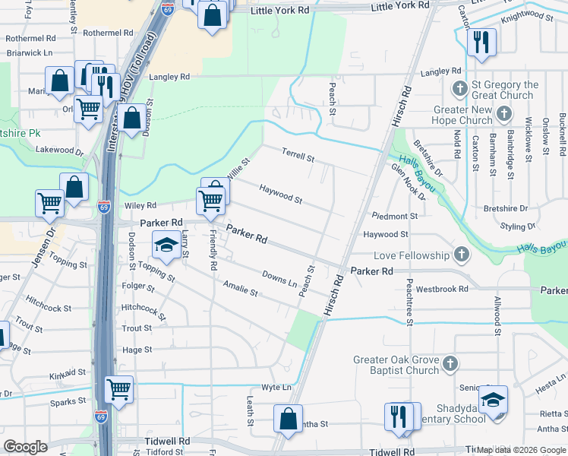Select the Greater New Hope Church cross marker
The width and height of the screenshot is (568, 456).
tap(502, 115)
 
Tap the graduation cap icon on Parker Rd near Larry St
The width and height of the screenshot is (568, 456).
tap(165, 245)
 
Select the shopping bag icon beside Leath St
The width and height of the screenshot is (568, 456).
tap(288, 419)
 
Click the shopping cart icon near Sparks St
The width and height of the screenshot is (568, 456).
tap(119, 389)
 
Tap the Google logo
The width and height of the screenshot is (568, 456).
tap(26, 447)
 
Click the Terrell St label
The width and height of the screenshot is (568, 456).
tap(298, 157)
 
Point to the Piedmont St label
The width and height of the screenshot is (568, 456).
tap(390, 217)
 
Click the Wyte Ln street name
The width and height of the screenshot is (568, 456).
tap(276, 387)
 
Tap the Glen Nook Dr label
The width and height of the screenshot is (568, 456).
tap(408, 182)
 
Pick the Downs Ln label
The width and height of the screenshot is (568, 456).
tap(279, 278)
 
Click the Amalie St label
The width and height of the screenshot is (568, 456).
tap(241, 287)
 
